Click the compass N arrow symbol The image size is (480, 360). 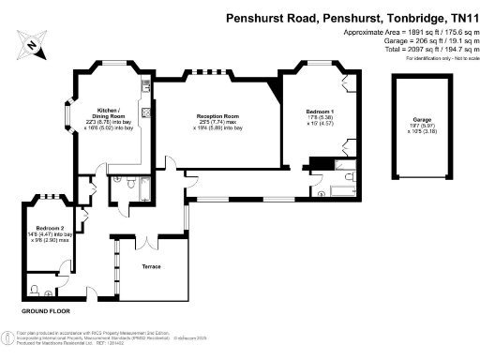31,42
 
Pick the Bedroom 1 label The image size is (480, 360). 320,111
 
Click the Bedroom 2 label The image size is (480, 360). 51,229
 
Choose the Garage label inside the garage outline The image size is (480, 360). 421,120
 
